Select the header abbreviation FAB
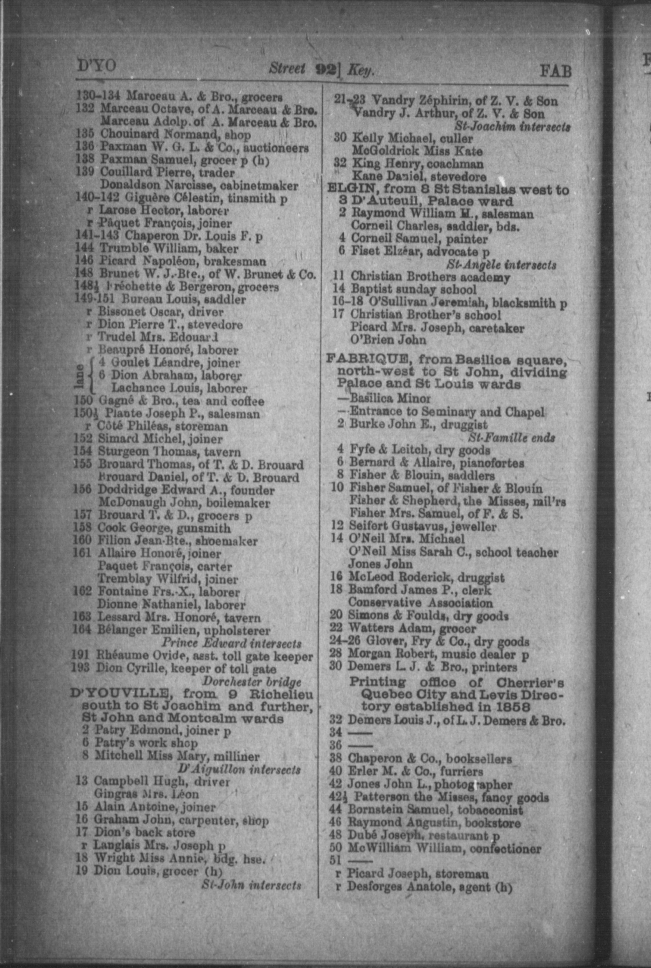click(555, 71)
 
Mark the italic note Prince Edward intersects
click(232, 643)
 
